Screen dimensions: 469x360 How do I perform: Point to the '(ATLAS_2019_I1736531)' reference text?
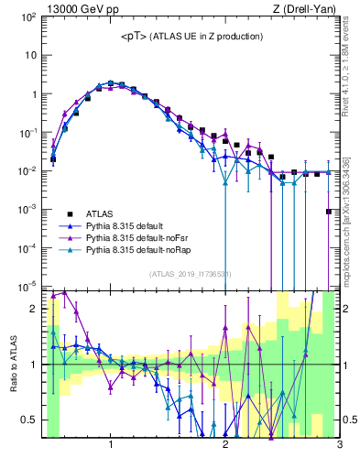coord(191,274)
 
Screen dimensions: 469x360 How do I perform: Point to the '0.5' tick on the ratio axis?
coord(28,420)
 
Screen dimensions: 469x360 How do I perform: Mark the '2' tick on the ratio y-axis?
coord(34,309)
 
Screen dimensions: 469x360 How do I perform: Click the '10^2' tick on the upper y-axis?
coord(27,16)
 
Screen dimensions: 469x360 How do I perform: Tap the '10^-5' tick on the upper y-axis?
coord(27,286)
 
